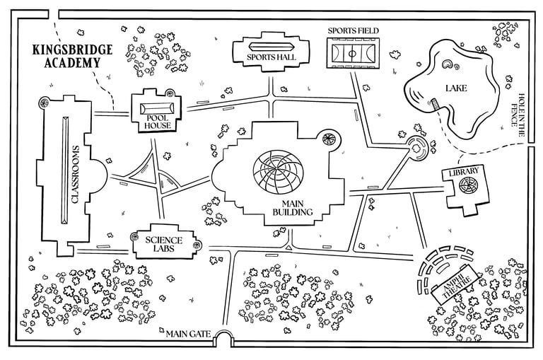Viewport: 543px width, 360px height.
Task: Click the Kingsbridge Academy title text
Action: tap(66, 56)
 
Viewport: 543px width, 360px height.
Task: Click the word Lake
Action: tap(455, 88)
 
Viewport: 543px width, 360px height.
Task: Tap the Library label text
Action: tap(463, 171)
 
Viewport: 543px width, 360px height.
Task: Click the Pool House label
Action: tap(158, 121)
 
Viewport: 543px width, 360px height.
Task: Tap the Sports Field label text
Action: tap(353, 31)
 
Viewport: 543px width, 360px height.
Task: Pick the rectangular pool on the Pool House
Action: tap(158, 108)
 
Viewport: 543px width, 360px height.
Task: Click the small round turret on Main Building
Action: tap(329, 139)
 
